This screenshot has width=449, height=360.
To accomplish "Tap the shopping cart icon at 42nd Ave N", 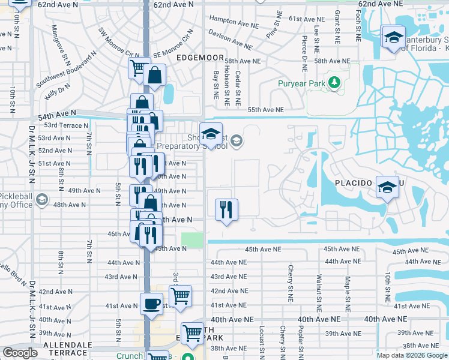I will [180, 296].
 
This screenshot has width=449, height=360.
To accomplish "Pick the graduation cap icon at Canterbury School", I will [393, 38].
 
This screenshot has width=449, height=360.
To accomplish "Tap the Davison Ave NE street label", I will [231, 40].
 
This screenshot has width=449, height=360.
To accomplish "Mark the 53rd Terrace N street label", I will [58, 125].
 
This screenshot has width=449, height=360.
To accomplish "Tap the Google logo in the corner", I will [20, 353].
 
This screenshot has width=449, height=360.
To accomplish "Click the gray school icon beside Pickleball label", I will [42, 200].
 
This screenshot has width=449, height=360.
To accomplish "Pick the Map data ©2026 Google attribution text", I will [411, 355].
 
